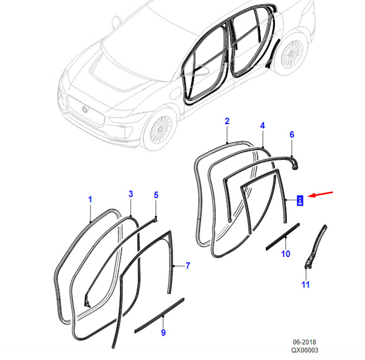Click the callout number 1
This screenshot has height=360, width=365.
pos(90,200)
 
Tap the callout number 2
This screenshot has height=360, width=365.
pos(227,121)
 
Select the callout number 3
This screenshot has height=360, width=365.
pos(131,194)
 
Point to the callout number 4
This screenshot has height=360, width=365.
pos(262,126)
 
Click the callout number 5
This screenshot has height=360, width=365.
pos(156,195)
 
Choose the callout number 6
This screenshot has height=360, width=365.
pos(292,134)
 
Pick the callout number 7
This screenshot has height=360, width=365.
pos(188,266)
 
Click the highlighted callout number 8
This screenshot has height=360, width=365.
pos(300,201)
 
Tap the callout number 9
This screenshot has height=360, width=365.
pos(163,332)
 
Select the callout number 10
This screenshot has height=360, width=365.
pos(286,254)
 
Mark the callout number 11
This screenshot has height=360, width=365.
pos(305,285)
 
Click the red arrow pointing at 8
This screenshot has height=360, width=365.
pos(321,195)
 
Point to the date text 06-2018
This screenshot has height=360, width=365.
pos(304,342)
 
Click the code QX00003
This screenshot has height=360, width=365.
pos(304,350)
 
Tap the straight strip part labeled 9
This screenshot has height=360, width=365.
pos(159,316)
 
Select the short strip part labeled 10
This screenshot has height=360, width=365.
pos(283,237)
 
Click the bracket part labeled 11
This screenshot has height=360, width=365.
pos(316,247)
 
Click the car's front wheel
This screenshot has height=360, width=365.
pos(161,129)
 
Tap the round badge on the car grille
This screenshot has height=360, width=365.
pos(85,109)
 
